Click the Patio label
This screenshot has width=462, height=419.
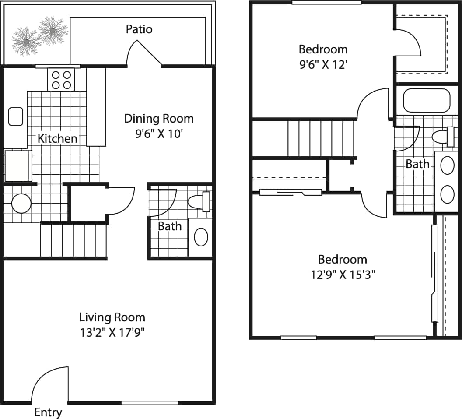(139, 29)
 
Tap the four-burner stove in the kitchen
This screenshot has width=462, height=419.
(61, 80)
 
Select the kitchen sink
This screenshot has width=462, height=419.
(16, 116)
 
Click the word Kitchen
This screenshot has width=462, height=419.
(57, 139)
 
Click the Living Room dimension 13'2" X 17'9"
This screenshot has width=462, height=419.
(112, 332)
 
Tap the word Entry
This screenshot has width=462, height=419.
(48, 412)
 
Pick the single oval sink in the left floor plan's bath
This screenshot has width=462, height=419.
(201, 237)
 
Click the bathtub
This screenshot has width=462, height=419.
(426, 101)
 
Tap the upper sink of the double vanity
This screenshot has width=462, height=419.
(447, 165)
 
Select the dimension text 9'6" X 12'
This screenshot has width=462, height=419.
(323, 65)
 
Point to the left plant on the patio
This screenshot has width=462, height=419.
(26, 41)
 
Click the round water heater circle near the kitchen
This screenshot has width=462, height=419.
(21, 204)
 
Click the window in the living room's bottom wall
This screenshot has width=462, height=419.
(149, 403)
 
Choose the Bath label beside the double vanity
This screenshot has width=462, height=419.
(417, 164)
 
